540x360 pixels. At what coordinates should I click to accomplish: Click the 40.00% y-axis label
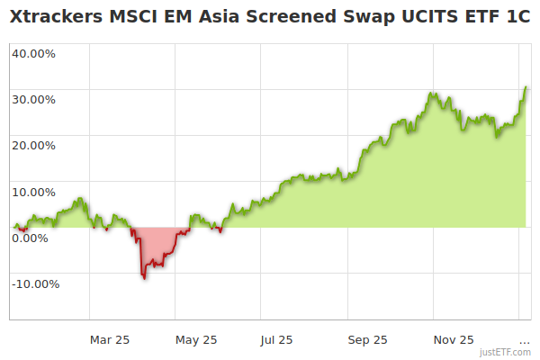tap(33, 53)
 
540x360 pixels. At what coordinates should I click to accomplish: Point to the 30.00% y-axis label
tap(33, 99)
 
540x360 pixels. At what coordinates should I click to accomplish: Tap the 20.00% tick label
tap(33, 145)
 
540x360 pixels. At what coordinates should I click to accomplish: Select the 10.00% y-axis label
tap(33, 192)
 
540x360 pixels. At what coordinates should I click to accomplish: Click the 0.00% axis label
tap(30, 238)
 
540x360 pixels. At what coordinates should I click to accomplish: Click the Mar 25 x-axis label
tap(110, 339)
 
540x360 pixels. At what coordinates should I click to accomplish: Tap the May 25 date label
tap(196, 339)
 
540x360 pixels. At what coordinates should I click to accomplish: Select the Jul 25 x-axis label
tap(276, 339)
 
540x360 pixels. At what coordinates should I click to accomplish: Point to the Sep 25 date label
tap(367, 339)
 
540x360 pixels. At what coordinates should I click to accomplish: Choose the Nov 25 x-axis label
tap(454, 339)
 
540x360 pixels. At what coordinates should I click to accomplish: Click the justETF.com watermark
tap(505, 353)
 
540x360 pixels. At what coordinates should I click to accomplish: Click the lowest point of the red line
tap(144, 278)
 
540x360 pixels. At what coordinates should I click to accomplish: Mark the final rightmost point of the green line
tap(526, 87)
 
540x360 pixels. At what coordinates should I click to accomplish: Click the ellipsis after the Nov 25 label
tap(524, 340)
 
